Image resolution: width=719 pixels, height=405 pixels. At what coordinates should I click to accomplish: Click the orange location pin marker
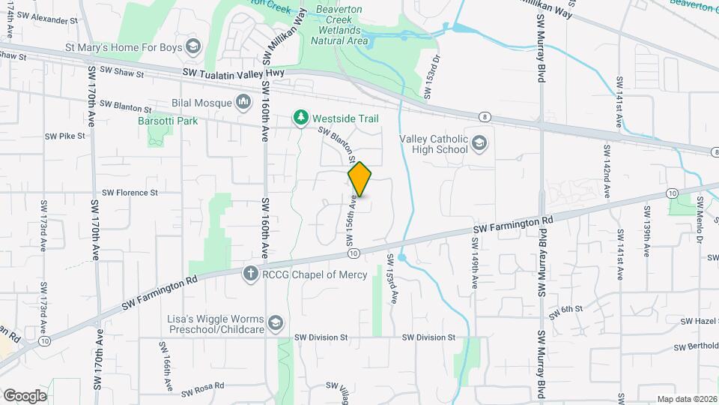click(360, 178)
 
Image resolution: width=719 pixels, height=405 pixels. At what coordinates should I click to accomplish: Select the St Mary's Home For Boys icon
click(193, 47)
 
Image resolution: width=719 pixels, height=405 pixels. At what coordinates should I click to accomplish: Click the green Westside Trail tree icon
click(300, 118)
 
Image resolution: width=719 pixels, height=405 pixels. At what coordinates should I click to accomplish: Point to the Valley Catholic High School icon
click(479, 142)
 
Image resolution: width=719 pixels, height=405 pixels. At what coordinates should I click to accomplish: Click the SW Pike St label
click(64, 136)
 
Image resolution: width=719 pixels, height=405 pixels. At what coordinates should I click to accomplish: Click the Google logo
click(25, 396)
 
